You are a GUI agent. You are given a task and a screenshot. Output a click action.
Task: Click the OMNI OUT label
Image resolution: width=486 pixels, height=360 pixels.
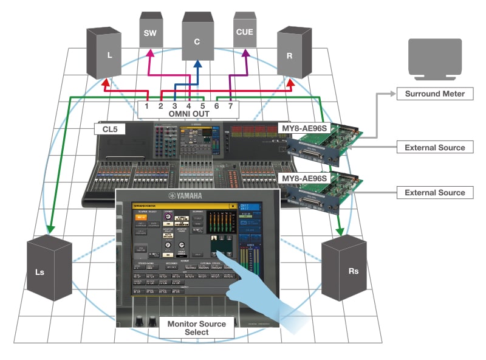point(188,113)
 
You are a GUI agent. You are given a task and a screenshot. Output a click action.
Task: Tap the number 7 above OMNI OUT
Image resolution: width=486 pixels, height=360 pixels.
point(230,105)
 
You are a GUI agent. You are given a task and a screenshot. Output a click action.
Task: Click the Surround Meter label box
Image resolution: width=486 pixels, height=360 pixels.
point(435,94)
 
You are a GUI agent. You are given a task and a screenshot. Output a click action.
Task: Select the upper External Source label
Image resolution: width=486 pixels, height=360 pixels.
point(435,147)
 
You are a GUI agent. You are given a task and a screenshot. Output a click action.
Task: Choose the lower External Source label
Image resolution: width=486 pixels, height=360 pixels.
point(435,192)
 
